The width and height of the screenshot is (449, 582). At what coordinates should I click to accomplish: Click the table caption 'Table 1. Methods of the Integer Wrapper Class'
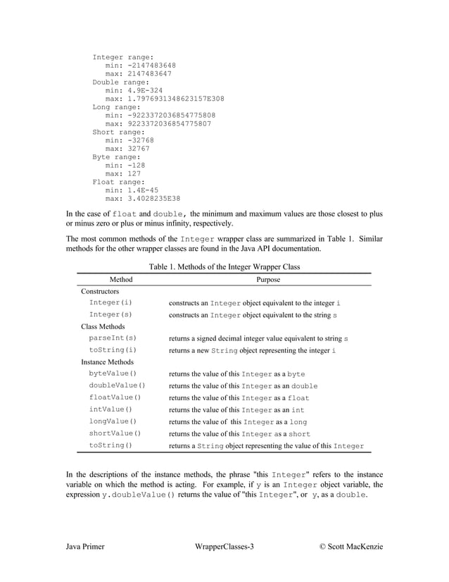pos(224,266)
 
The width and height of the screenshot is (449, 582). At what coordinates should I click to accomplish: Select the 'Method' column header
pos(117,279)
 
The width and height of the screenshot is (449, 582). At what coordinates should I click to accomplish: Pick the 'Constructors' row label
pos(100,291)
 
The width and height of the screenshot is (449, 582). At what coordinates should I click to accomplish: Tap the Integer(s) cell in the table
pos(110,314)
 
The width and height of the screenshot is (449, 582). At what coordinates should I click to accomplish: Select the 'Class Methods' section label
pos(103,326)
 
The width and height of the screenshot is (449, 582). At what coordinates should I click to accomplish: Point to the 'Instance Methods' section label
pos(107,361)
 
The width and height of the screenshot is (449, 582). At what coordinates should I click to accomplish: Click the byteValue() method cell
pos(113,373)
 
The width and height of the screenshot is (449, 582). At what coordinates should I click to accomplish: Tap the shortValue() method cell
pos(115,433)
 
